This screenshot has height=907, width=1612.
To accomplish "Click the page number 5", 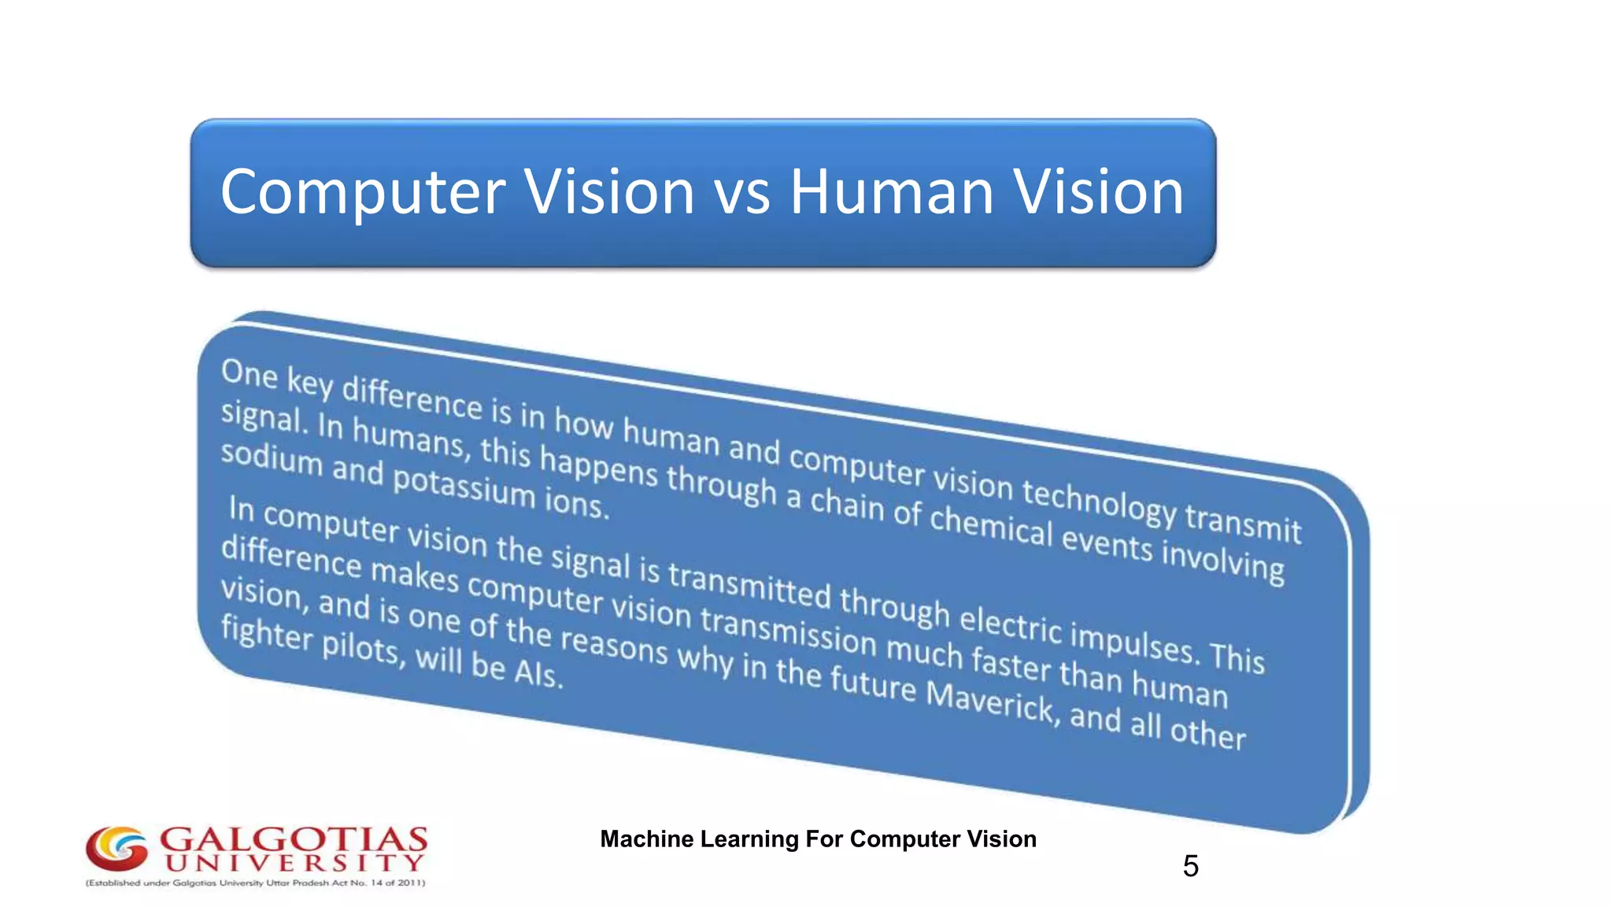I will coord(1190,866).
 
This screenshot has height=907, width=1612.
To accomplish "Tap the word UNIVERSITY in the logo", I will coord(294,864).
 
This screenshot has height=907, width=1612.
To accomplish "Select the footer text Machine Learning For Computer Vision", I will coord(818,839).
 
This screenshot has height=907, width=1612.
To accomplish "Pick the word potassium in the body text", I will coord(464,486).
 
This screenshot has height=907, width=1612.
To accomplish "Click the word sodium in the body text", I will coord(272,460).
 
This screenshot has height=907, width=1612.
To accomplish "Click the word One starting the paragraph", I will coord(249,374).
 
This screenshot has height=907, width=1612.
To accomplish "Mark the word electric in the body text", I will coord(1011,624).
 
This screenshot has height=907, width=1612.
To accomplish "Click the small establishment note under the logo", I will coord(255,883).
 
